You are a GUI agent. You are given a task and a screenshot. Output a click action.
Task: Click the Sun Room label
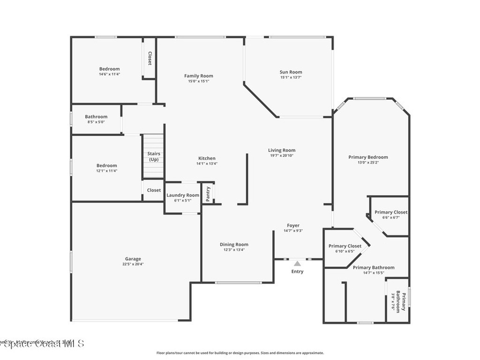pyautogui.click(x=291, y=72)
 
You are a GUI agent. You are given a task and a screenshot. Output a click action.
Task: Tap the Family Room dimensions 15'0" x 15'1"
pyautogui.click(x=198, y=81)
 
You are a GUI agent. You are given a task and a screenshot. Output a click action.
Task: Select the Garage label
pyautogui.click(x=133, y=259)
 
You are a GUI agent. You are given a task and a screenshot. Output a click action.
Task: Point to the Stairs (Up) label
pyautogui.click(x=154, y=157)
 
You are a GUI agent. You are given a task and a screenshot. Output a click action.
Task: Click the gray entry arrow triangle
pyautogui.click(x=297, y=263)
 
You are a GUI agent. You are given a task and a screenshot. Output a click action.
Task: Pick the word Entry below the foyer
pyautogui.click(x=297, y=271)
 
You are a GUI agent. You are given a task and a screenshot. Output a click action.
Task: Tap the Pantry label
pyautogui.click(x=209, y=194)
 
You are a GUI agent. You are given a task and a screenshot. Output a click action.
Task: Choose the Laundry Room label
pyautogui.click(x=183, y=195)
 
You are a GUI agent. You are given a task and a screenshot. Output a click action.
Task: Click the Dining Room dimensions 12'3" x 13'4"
pyautogui.click(x=234, y=250)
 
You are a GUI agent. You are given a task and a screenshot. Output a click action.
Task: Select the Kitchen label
pyautogui.click(x=206, y=158)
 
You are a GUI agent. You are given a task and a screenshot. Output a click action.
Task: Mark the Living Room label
pyautogui.click(x=282, y=150)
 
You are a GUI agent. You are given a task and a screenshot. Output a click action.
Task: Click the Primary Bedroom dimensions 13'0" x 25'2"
pyautogui.click(x=368, y=163)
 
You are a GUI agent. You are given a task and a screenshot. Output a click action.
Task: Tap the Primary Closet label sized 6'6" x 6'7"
pyautogui.click(x=391, y=212)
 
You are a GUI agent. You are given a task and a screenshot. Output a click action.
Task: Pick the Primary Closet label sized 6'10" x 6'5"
pyautogui.click(x=345, y=246)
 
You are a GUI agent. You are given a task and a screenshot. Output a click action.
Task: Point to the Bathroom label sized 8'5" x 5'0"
pyautogui.click(x=96, y=117)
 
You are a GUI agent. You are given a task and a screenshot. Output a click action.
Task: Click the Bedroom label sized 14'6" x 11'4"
pyautogui.click(x=109, y=69)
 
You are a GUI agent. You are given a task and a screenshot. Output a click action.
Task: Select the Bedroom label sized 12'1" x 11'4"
pyautogui.click(x=107, y=165)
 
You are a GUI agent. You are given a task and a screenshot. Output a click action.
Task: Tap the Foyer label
pyautogui.click(x=293, y=225)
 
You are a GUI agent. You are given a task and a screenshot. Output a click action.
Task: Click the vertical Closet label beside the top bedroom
pyautogui.click(x=150, y=58)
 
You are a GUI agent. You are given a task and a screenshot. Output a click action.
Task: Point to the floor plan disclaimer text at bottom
pyautogui.click(x=240, y=353)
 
